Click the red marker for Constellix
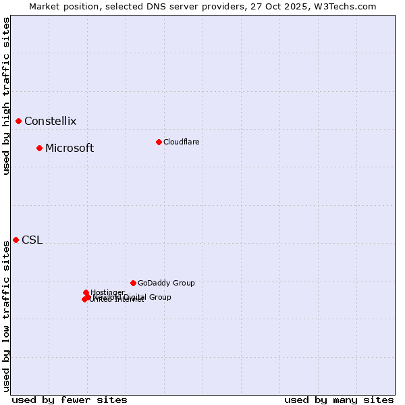[19, 122]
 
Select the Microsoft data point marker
[40, 148]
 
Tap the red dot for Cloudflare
[159, 142]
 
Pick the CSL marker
[16, 240]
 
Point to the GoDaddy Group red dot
[133, 283]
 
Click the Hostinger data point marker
[86, 292]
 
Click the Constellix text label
[50, 122]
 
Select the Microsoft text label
[70, 148]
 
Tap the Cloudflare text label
[181, 142]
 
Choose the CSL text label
[32, 240]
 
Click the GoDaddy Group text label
[166, 283]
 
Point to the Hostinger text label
[107, 292]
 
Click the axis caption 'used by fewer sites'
[70, 400]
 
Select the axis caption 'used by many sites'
[339, 400]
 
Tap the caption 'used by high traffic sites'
[6, 96]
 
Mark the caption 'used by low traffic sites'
[6, 316]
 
